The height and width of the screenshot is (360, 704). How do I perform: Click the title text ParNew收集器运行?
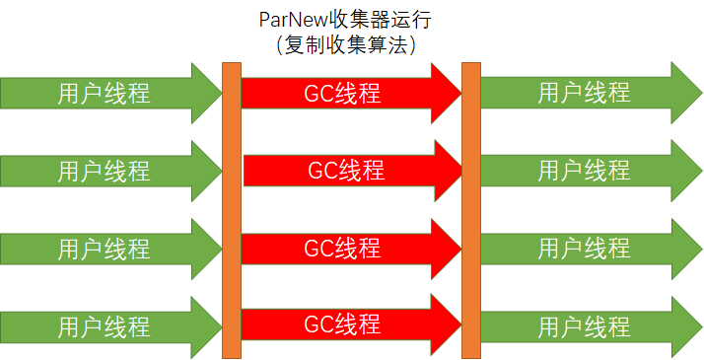click(x=351, y=21)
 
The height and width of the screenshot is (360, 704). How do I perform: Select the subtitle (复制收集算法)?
click(x=351, y=45)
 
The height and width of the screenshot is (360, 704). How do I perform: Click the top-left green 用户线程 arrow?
click(x=104, y=93)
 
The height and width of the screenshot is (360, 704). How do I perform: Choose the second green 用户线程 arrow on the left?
click(x=104, y=170)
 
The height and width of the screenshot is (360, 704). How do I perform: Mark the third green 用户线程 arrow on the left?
click(x=104, y=247)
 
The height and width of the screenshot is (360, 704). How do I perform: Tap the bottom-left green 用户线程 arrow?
click(x=104, y=324)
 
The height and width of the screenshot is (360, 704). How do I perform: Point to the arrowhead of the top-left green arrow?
click(x=209, y=93)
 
